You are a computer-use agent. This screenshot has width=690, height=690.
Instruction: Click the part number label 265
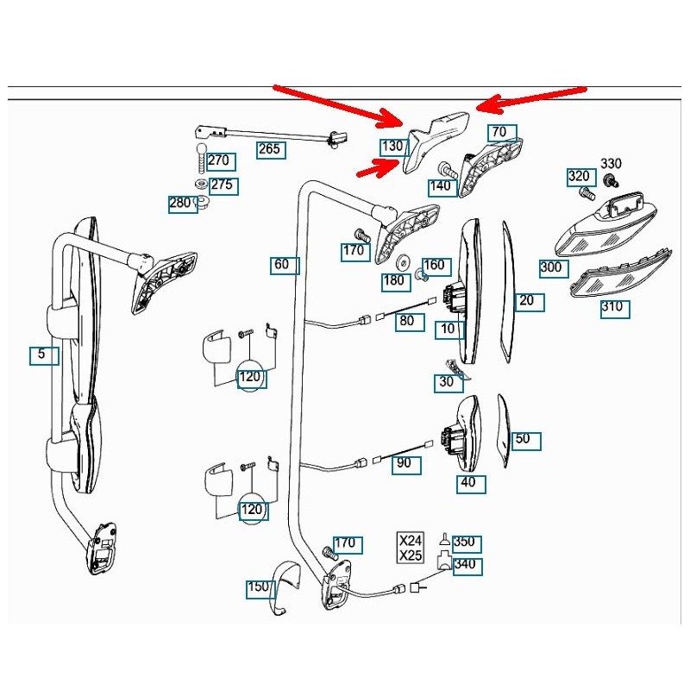pos(270,149)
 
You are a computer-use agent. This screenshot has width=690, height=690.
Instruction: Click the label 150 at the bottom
pos(259,587)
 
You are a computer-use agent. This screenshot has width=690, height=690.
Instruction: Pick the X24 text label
pos(411,541)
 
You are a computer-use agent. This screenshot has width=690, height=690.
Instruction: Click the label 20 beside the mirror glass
pos(526,300)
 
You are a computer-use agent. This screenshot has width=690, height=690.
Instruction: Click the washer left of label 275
pos(200,185)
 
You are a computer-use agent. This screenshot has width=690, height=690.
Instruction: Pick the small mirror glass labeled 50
pos(504,427)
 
